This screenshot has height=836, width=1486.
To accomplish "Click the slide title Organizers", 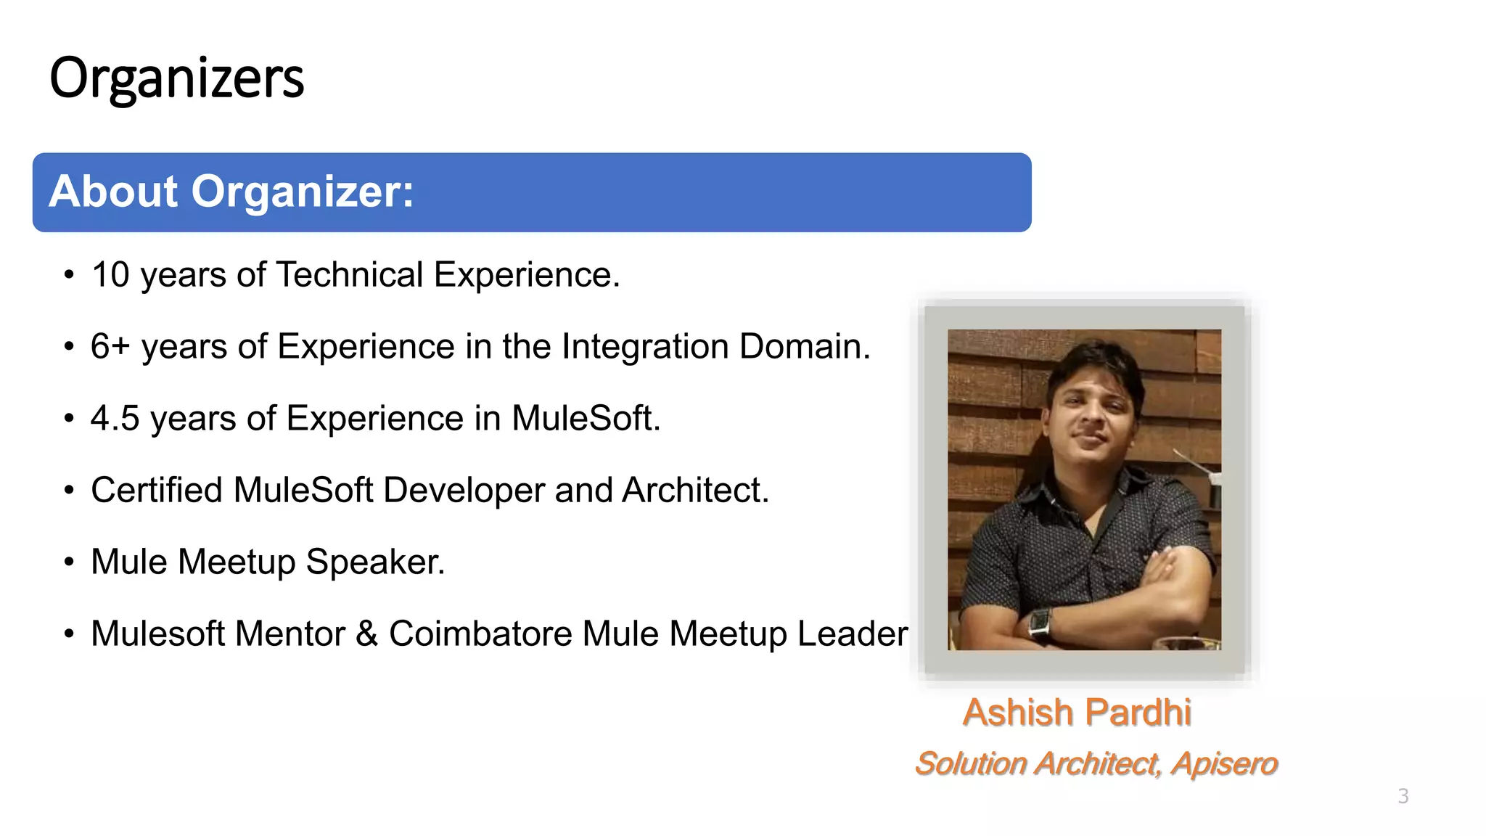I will pyautogui.click(x=176, y=78).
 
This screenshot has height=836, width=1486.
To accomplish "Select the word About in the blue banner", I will pyautogui.click(x=113, y=192).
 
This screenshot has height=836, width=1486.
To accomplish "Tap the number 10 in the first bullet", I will pyautogui.click(x=110, y=275).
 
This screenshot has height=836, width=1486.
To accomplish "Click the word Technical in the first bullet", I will pyautogui.click(x=350, y=275).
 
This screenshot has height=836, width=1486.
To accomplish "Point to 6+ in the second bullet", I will pyautogui.click(x=110, y=346).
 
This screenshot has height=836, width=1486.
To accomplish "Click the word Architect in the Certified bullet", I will pyautogui.click(x=694, y=490).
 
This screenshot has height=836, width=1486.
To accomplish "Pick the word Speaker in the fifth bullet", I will pyautogui.click(x=375, y=562).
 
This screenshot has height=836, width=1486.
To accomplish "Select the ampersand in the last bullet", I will pyautogui.click(x=367, y=634).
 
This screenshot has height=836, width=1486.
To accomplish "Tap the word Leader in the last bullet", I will pyautogui.click(x=853, y=634).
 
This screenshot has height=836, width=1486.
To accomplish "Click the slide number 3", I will pyautogui.click(x=1403, y=796).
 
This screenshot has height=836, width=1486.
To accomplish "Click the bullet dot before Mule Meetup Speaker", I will pyautogui.click(x=69, y=562).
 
